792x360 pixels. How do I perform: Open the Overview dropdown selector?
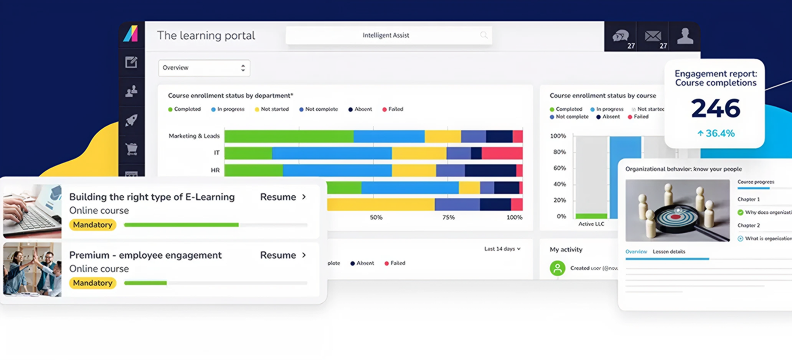pyautogui.click(x=203, y=68)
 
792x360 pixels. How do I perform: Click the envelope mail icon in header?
pyautogui.click(x=653, y=37)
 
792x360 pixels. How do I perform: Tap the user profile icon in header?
pyautogui.click(x=685, y=36)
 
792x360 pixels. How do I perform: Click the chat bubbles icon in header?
pyautogui.click(x=621, y=37)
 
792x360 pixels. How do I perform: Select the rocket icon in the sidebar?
pyautogui.click(x=131, y=120)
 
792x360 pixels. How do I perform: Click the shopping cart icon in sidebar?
pyautogui.click(x=131, y=149)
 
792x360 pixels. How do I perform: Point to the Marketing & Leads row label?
pyautogui.click(x=194, y=136)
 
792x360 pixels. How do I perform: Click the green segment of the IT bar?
pyautogui.click(x=247, y=153)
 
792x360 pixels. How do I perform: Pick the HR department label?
pyautogui.click(x=214, y=170)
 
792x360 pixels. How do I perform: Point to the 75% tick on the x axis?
pyautogui.click(x=449, y=217)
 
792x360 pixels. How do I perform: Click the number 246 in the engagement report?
pyautogui.click(x=715, y=108)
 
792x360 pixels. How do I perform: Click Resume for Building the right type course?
pyautogui.click(x=283, y=197)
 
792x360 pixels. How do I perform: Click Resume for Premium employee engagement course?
pyautogui.click(x=283, y=255)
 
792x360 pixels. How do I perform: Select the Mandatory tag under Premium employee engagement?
pyautogui.click(x=92, y=283)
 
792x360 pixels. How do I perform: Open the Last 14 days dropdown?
pyautogui.click(x=502, y=249)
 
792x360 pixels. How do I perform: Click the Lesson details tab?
pyautogui.click(x=669, y=252)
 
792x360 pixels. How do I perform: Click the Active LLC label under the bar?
pyautogui.click(x=591, y=224)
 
